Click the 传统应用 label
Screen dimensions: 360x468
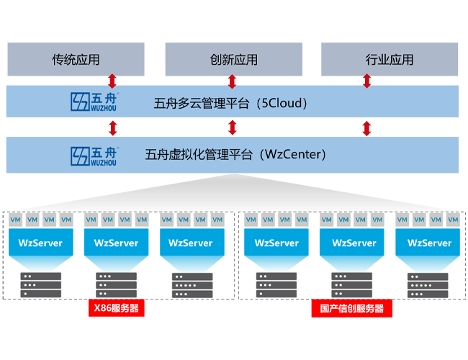click(76, 60)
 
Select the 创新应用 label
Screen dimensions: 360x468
click(234, 60)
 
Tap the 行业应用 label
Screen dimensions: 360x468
click(390, 60)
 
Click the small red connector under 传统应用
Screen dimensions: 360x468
click(112, 79)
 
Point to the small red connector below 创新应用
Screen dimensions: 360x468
click(232, 81)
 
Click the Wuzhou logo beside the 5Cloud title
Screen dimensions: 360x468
click(94, 102)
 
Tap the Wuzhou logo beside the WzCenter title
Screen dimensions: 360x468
click(94, 156)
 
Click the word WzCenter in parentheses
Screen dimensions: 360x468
click(295, 154)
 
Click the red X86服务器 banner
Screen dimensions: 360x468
click(116, 309)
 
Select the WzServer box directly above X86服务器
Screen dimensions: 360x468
click(116, 243)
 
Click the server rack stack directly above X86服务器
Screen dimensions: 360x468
click(116, 285)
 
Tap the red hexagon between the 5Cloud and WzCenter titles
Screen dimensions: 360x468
click(232, 127)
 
